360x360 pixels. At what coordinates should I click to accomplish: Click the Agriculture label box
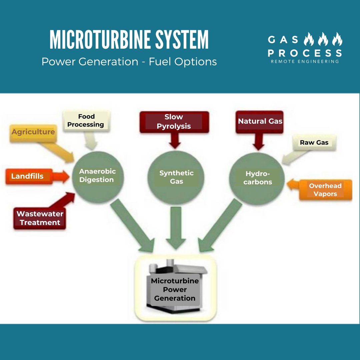pyautogui.click(x=33, y=132)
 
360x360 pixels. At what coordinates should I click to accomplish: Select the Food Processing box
pyautogui.click(x=86, y=121)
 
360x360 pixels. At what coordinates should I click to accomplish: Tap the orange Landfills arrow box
pyautogui.click(x=28, y=176)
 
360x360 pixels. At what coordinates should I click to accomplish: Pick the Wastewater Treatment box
pyautogui.click(x=40, y=218)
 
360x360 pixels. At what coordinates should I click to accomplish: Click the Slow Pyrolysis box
pyautogui.click(x=174, y=122)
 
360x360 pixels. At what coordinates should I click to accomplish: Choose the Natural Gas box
pyautogui.click(x=260, y=122)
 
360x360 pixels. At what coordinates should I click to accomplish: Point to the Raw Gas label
pyautogui.click(x=314, y=143)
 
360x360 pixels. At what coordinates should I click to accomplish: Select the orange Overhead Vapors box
pyautogui.click(x=325, y=190)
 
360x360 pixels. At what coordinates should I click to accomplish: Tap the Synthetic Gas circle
pyautogui.click(x=176, y=177)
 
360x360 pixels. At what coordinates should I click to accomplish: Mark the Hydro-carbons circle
pyautogui.click(x=258, y=178)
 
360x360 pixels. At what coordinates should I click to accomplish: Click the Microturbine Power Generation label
pyautogui.click(x=175, y=289)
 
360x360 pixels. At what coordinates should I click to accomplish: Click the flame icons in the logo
pyautogui.click(x=323, y=40)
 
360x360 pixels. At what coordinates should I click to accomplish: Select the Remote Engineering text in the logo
pyautogui.click(x=305, y=61)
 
